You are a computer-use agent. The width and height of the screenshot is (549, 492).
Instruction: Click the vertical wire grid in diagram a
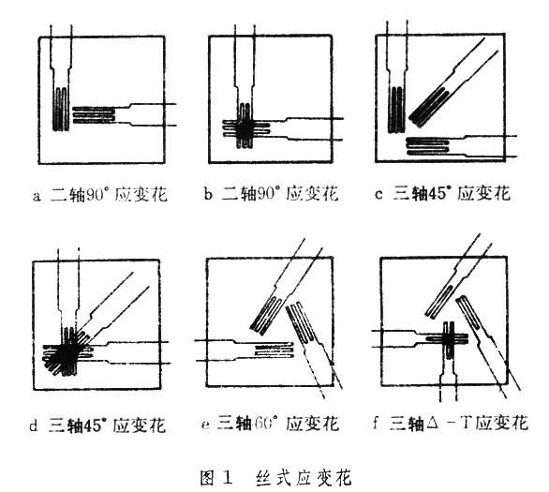61,108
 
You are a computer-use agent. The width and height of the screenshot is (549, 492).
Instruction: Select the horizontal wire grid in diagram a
94,113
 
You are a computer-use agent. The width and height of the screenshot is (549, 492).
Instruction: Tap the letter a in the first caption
37,196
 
